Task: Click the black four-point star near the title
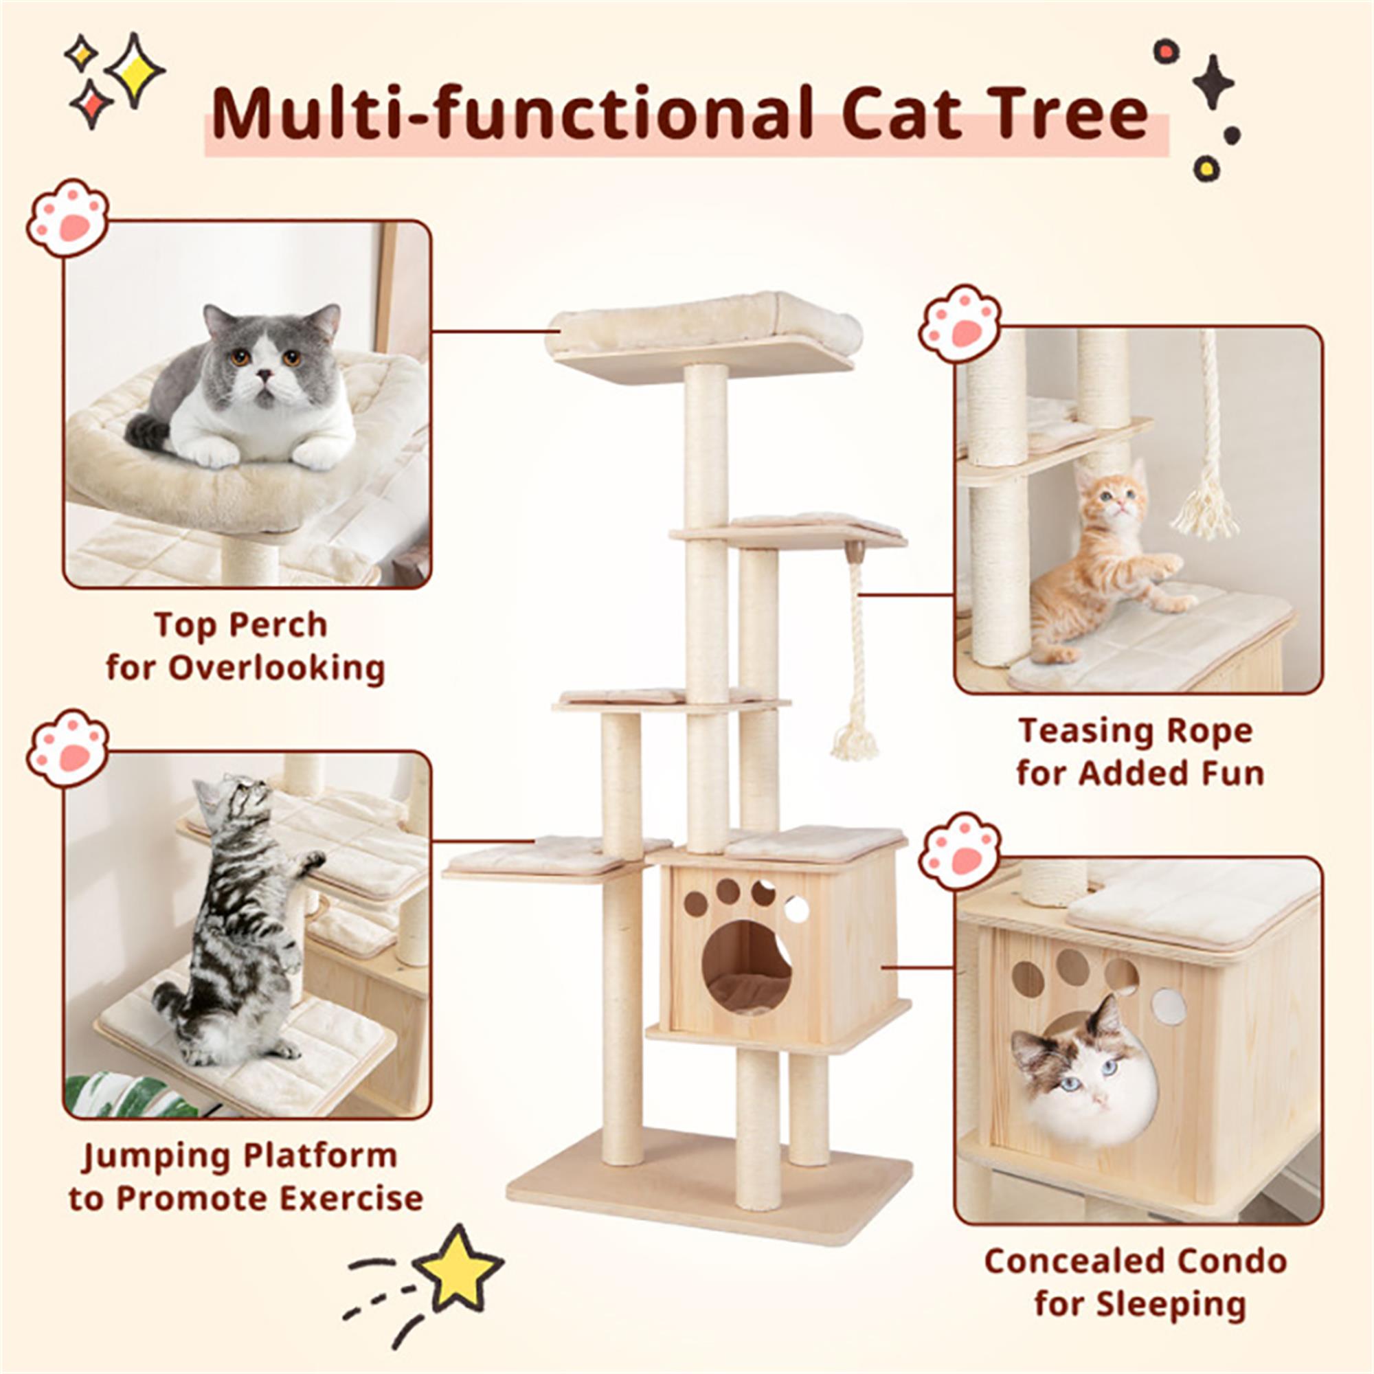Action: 1213,82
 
